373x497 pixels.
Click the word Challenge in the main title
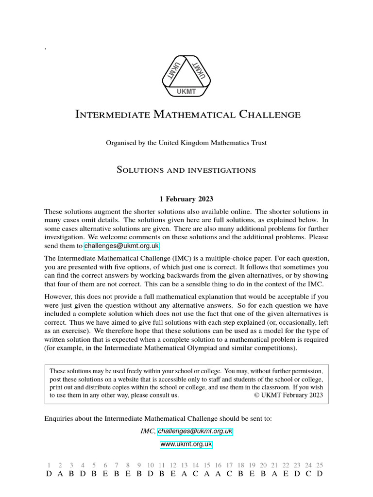[x=270, y=115]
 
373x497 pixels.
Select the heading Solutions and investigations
[x=186, y=170]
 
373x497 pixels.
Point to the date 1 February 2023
[x=186, y=199]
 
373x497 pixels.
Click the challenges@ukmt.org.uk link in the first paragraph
[x=121, y=247]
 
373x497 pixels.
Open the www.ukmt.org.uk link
[x=186, y=444]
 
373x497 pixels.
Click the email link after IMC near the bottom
[x=195, y=431]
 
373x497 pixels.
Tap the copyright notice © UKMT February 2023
[x=288, y=395]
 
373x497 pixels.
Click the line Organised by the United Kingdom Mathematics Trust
[x=186, y=143]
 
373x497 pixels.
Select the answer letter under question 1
[x=49, y=474]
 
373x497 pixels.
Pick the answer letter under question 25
[x=319, y=474]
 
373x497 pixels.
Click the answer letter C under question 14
[x=196, y=474]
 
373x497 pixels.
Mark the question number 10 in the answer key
[x=151, y=465]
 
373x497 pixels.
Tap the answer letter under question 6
[x=105, y=474]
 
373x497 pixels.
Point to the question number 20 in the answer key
[x=263, y=465]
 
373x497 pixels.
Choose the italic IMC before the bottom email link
[x=147, y=431]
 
